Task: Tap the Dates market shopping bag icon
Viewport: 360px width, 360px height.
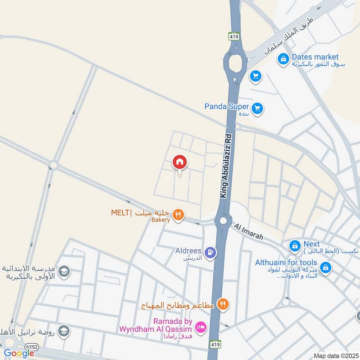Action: [x=283, y=59]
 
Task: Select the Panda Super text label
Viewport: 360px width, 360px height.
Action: [x=226, y=107]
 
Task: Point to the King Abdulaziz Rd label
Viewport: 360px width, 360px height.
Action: [x=226, y=167]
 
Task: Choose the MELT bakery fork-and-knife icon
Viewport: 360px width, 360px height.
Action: [x=178, y=215]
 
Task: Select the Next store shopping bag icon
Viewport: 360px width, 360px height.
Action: [x=295, y=246]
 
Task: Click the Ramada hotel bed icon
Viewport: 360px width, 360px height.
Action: [x=201, y=326]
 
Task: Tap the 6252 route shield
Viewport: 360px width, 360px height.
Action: [x=31, y=346]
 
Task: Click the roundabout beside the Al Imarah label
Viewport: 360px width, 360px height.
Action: [x=223, y=220]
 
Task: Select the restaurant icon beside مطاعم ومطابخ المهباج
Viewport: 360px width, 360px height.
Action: [x=222, y=305]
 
